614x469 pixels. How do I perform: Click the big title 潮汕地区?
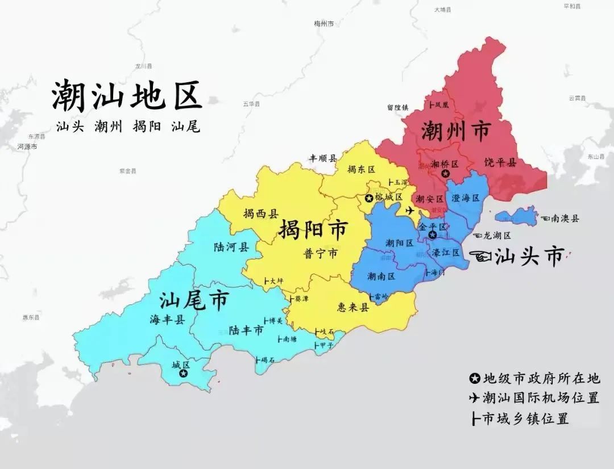tap(127, 95)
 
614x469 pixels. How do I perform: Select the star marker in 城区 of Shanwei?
tap(183, 374)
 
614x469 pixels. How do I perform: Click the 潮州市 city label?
tap(455, 132)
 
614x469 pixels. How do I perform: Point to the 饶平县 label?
tap(500, 163)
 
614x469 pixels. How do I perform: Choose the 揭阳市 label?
tap(313, 230)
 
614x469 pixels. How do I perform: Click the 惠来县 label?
tap(353, 307)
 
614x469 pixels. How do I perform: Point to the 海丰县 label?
tap(168, 320)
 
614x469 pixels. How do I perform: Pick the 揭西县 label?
tap(261, 214)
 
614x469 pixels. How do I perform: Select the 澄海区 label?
tap(466, 198)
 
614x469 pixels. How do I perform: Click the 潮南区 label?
tap(381, 277)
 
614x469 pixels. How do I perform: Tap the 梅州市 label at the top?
tap(324, 24)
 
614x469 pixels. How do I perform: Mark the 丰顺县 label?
tap(323, 158)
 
